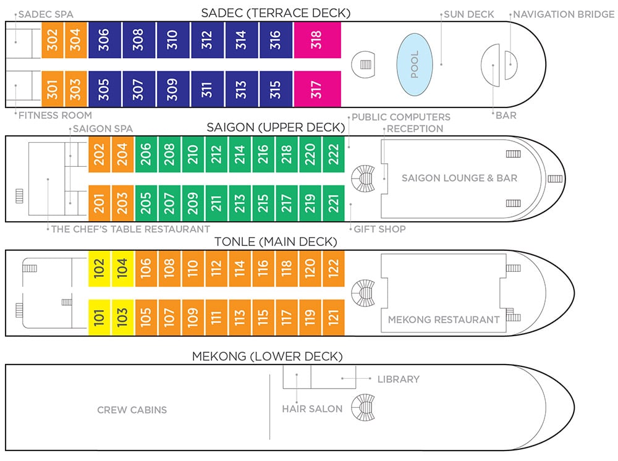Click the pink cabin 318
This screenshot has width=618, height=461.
pos(317,40)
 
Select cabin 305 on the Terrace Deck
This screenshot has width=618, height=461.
pos(104,88)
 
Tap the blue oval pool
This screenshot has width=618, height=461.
pos(415,65)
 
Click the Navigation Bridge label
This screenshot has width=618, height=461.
pos(564,15)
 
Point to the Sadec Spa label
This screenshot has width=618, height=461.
pos(46,15)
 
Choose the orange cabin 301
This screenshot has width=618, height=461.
pos(53,88)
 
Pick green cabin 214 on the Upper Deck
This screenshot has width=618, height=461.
pos(240,154)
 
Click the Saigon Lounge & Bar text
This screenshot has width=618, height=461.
pos(460,178)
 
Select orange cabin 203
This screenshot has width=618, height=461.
pos(122,203)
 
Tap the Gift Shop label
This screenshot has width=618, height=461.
pos(379,229)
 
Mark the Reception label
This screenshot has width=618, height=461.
pos(415,129)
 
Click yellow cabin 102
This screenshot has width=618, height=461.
pos(99,269)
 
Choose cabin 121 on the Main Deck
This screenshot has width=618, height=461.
pos(334,318)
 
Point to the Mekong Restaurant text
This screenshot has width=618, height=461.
pos(444,319)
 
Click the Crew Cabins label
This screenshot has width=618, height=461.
pos(132,410)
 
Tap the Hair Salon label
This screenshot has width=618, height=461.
pos(312,409)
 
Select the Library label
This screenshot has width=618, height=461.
pos(399,379)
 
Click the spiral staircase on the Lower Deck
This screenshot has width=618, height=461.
pos(363,407)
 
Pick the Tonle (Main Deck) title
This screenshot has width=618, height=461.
pos(276,242)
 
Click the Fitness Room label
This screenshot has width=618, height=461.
pos(55,116)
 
